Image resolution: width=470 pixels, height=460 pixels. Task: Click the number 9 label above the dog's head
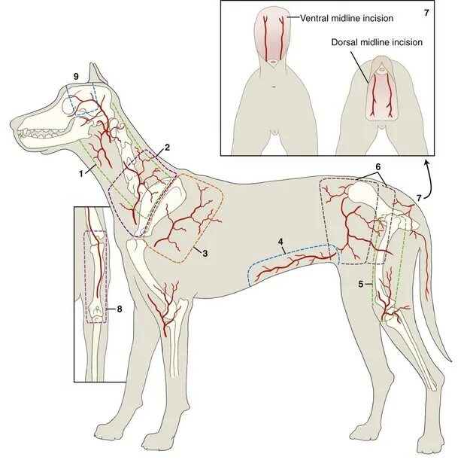(76, 77)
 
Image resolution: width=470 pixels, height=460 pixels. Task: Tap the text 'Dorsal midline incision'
(376, 42)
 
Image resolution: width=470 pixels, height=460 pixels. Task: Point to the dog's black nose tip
(13, 120)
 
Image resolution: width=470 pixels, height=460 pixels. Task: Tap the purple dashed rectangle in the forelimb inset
(97, 275)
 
